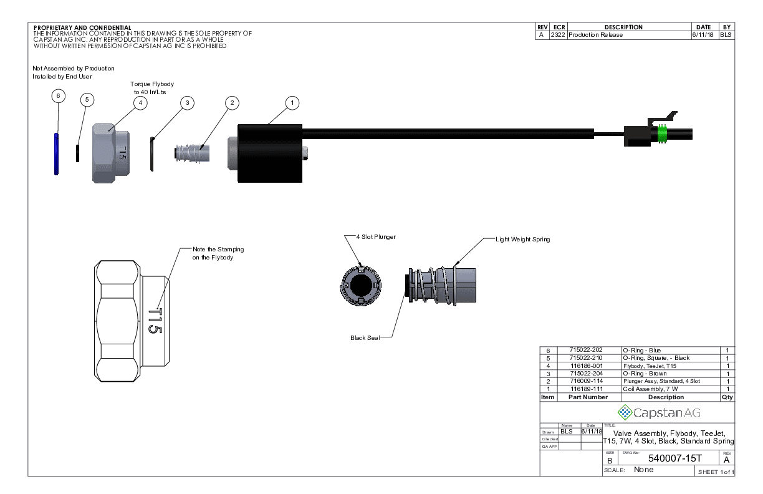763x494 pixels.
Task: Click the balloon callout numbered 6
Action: pyautogui.click(x=57, y=96)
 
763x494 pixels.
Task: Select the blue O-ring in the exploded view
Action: pyautogui.click(x=57, y=153)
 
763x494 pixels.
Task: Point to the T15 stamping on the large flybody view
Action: pyautogui.click(x=155, y=321)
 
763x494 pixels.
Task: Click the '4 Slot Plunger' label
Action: pyautogui.click(x=376, y=237)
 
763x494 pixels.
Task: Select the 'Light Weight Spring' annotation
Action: pyautogui.click(x=522, y=239)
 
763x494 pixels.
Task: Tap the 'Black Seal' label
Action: pyautogui.click(x=365, y=337)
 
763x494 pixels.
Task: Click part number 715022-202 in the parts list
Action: pyautogui.click(x=587, y=351)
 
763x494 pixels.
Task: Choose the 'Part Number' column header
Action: pyautogui.click(x=588, y=397)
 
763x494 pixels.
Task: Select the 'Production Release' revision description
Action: pyautogui.click(x=595, y=35)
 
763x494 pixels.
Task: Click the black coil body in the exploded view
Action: pyautogui.click(x=270, y=153)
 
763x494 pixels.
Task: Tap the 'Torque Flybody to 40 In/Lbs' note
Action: pyautogui.click(x=151, y=87)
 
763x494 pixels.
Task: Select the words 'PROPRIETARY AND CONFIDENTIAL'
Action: pyautogui.click(x=82, y=27)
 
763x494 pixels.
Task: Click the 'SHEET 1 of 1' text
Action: pyautogui.click(x=716, y=472)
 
